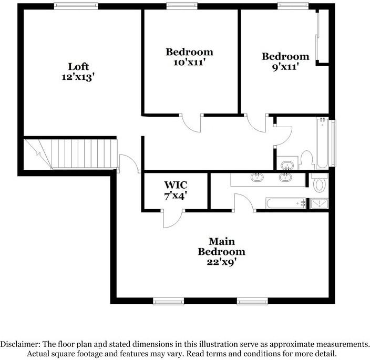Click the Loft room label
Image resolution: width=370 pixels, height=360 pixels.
78,67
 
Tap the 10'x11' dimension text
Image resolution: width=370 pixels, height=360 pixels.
189,61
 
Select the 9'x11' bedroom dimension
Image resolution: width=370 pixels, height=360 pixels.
285,66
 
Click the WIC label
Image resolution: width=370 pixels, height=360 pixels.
176,185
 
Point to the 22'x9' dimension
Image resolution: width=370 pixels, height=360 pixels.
221,261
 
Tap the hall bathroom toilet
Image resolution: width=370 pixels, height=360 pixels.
307,159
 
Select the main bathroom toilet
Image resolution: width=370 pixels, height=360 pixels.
318,184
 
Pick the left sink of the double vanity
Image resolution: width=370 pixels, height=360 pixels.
258,177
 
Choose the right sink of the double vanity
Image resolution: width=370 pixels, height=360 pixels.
286,177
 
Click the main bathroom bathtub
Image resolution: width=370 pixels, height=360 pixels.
286,203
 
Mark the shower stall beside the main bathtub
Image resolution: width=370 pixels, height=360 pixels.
318,203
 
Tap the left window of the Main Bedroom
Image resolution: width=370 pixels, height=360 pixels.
168,302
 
